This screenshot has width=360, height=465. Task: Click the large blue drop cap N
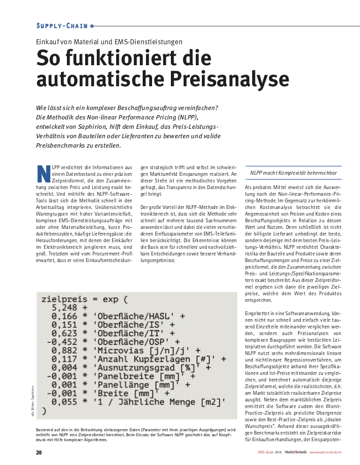pos(43,173)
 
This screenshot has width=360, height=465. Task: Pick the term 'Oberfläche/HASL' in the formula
pos(133,316)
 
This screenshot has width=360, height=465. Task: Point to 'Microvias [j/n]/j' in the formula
pos(144,351)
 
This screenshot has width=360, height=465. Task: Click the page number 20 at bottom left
pos(39,452)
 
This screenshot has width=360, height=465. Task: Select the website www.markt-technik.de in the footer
pos(325,452)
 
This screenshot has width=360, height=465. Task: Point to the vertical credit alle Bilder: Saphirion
pos(33,400)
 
